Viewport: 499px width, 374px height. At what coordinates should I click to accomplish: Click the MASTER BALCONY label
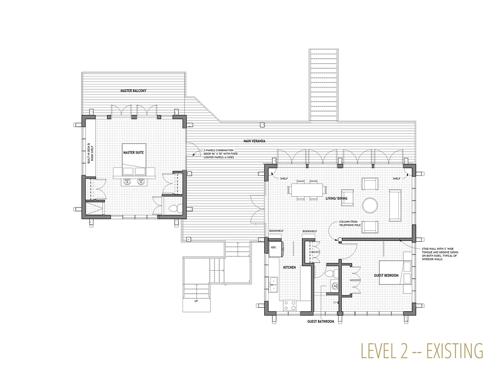[x=133, y=91]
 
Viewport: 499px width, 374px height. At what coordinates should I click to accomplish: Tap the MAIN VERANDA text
[x=254, y=141]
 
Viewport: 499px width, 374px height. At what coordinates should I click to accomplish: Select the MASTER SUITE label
[x=133, y=153]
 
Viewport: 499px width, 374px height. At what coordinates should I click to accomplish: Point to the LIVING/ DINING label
[x=336, y=198]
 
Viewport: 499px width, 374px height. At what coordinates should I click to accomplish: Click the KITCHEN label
[x=289, y=268]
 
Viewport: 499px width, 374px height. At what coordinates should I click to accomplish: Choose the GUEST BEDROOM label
[x=386, y=276]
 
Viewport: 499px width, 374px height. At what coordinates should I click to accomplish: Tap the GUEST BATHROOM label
[x=321, y=322]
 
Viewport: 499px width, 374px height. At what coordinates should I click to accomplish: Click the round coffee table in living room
[x=370, y=205]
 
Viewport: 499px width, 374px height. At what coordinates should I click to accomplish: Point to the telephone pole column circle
[x=340, y=239]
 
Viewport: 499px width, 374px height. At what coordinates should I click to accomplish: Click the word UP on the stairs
[x=196, y=301]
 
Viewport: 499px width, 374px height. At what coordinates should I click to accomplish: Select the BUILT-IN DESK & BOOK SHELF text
[x=90, y=153]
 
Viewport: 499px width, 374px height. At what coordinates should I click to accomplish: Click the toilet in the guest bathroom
[x=330, y=273]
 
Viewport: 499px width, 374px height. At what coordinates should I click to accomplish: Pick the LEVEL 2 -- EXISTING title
[x=422, y=351]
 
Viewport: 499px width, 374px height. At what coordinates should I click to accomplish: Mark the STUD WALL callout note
[x=440, y=254]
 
